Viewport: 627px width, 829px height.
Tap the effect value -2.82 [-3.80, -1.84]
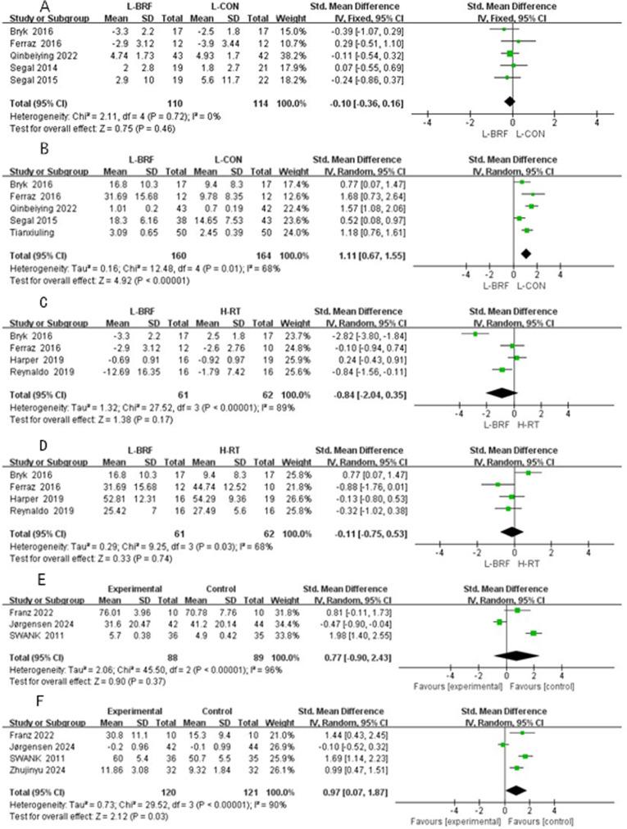(x=352, y=333)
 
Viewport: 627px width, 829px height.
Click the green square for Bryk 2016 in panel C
(x=475, y=333)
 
